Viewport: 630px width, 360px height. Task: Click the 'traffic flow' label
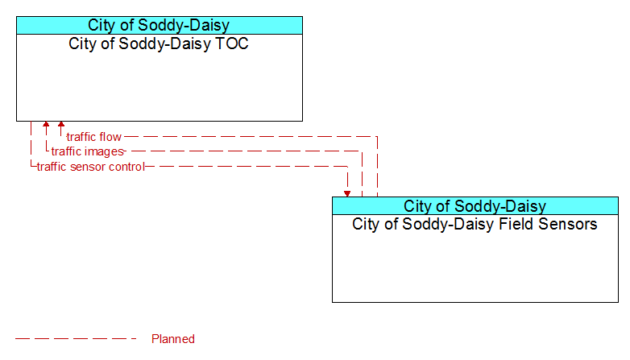[94, 137]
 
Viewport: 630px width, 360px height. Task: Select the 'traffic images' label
[88, 151]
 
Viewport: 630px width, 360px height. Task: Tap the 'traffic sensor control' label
[91, 167]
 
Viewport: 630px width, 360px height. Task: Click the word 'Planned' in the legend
[173, 339]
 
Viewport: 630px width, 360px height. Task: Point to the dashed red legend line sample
[76, 339]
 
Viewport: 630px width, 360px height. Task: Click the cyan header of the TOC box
[160, 25]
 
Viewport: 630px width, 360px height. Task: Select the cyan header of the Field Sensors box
[475, 205]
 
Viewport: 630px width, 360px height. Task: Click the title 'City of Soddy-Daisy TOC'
[159, 43]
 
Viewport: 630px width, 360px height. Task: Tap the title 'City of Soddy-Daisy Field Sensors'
[475, 224]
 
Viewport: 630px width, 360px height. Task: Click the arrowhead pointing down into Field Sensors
[347, 194]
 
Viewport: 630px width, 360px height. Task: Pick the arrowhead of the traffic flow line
[61, 124]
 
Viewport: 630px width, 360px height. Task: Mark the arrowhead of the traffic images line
[46, 124]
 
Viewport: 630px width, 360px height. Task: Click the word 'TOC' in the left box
[233, 43]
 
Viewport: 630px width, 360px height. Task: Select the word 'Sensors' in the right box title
[568, 224]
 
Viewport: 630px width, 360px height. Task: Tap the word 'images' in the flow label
[105, 152]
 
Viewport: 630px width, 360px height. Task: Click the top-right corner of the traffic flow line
[377, 137]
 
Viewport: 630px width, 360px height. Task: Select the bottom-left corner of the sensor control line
[31, 167]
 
